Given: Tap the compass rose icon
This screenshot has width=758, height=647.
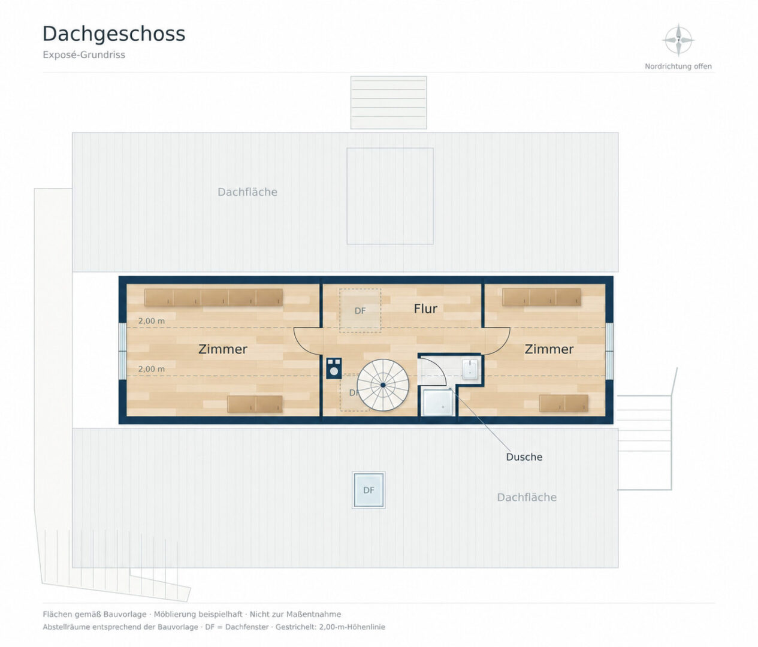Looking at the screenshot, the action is tap(678, 40).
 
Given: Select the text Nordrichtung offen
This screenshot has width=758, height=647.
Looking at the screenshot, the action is tap(678, 66).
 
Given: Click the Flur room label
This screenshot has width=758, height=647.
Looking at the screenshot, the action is tap(425, 309).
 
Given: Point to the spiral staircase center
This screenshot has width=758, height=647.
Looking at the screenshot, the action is tap(383, 385).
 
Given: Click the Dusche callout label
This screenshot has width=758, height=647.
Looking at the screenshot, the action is tap(524, 456).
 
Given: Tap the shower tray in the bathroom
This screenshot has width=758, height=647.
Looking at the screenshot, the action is tap(439, 403).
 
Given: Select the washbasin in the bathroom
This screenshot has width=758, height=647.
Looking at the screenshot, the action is tap(470, 369).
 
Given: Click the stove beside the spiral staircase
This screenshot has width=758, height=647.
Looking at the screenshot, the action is tap(334, 368).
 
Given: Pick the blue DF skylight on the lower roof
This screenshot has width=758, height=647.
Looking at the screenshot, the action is tap(369, 490).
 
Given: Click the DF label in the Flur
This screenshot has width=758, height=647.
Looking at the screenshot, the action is tap(360, 311).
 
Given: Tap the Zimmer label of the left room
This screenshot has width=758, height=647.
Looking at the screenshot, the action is tap(222, 349).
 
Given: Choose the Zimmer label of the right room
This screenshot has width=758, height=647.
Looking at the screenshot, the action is tap(549, 349).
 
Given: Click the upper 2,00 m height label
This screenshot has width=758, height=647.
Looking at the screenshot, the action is tap(152, 321).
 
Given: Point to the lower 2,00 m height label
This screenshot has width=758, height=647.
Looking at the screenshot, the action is tap(152, 369).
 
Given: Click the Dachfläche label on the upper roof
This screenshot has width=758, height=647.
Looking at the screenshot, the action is tap(247, 192).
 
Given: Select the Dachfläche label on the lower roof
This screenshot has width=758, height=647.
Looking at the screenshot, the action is tap(527, 497).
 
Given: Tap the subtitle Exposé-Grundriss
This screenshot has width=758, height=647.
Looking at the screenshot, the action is tap(84, 55).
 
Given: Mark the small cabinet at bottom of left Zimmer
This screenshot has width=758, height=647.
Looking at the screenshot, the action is tap(255, 404).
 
